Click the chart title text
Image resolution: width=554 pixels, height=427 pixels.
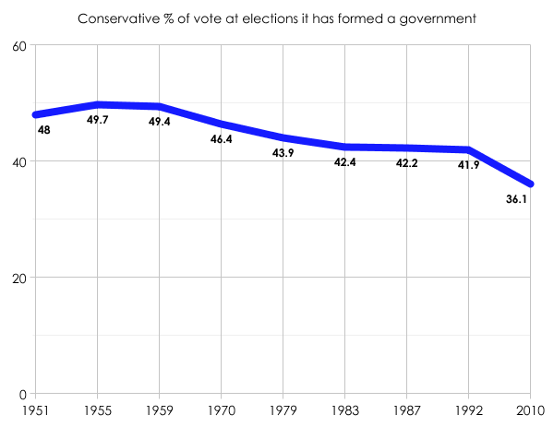(276, 18)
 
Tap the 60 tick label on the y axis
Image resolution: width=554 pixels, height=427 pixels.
(18, 45)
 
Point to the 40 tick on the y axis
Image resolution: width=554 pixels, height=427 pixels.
(18, 161)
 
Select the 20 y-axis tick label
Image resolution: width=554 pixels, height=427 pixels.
(18, 278)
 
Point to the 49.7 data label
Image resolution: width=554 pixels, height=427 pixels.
(97, 120)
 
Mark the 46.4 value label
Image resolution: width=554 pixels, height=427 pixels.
(221, 139)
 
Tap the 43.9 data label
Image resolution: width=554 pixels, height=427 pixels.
(283, 153)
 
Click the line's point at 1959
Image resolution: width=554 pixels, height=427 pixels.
(159, 106)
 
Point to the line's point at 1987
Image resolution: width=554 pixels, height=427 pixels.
(406, 148)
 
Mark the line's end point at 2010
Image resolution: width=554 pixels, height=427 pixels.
(530, 184)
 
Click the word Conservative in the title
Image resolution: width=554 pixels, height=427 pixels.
(117, 18)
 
